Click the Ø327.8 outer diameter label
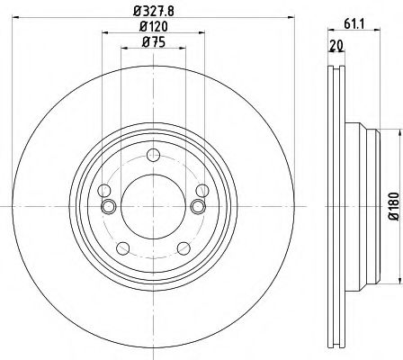coord(152,12)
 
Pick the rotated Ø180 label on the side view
coord(393,206)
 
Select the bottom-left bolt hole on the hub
coord(121,248)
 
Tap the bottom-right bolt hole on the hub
coord(184,248)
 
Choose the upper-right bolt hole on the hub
coord(202,190)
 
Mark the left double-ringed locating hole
coord(109,207)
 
